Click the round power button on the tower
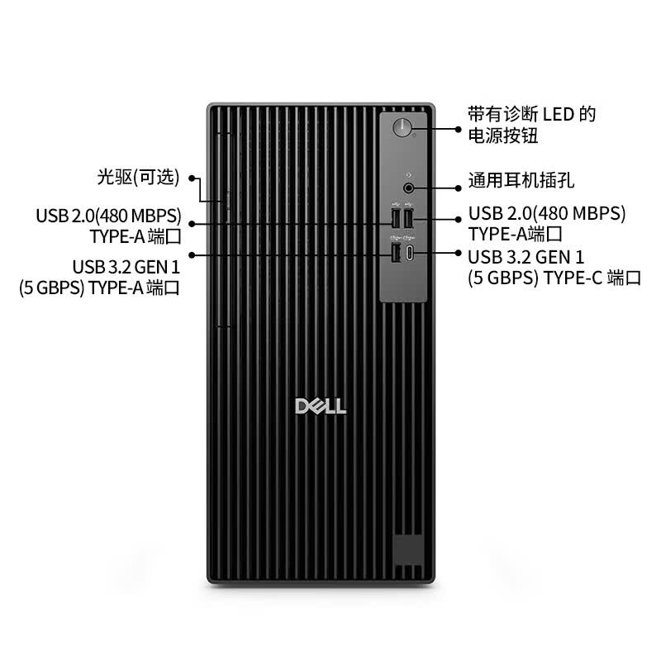(402, 127)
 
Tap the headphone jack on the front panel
(408, 188)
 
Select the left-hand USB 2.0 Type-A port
(396, 218)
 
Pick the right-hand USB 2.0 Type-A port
(408, 218)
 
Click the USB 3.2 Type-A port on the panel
(396, 253)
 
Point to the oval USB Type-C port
(409, 253)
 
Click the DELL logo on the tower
(321, 406)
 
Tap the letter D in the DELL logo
(302, 406)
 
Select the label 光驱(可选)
(138, 177)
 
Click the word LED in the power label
(559, 114)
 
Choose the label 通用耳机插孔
(521, 180)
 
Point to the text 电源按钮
(503, 136)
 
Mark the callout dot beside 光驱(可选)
(192, 178)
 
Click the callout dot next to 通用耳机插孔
(459, 188)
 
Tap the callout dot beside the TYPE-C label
(459, 253)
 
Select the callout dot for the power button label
(459, 129)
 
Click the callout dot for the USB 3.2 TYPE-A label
(192, 255)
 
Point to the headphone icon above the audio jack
(408, 175)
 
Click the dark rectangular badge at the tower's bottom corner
(408, 549)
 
